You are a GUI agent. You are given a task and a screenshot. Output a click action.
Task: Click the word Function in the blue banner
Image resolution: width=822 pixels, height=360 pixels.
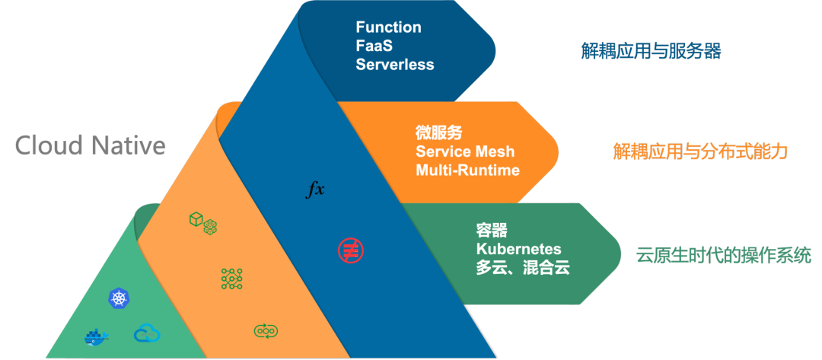pyautogui.click(x=388, y=27)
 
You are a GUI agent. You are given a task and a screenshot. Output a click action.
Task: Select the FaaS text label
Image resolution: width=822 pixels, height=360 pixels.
pyautogui.click(x=374, y=46)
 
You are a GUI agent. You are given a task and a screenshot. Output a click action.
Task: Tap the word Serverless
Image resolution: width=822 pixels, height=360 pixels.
pyautogui.click(x=394, y=65)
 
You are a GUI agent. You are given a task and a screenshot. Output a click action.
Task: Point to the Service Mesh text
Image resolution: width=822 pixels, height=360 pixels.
pyautogui.click(x=465, y=151)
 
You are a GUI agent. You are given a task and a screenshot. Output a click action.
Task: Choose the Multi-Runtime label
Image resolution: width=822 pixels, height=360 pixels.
pyautogui.click(x=467, y=170)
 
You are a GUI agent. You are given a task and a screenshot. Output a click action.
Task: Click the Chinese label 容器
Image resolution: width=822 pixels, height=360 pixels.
pyautogui.click(x=492, y=231)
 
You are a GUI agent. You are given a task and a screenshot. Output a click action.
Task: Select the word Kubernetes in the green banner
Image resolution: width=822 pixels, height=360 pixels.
pyautogui.click(x=518, y=249)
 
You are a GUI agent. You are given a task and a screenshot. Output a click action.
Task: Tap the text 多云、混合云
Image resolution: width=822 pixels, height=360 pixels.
pyautogui.click(x=523, y=268)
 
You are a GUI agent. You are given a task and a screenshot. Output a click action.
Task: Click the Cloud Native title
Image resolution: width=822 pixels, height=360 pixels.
pyautogui.click(x=91, y=145)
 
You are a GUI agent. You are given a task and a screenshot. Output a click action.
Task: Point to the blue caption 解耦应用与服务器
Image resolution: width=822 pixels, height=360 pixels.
pyautogui.click(x=651, y=52)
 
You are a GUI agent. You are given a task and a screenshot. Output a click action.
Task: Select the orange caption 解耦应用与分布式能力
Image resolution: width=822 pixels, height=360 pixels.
pyautogui.click(x=699, y=151)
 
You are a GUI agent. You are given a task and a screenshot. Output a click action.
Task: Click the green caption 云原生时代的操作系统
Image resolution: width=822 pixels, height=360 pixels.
pyautogui.click(x=723, y=255)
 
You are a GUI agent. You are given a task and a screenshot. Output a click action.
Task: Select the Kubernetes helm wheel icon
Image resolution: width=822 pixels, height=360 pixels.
pyautogui.click(x=119, y=298)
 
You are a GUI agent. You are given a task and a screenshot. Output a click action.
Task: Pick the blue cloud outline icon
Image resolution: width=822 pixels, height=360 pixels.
pyautogui.click(x=147, y=333)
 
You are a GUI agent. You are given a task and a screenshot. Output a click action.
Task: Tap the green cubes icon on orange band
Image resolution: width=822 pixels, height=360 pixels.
pyautogui.click(x=203, y=222)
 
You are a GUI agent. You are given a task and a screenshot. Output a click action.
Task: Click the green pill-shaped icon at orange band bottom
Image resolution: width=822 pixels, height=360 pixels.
pyautogui.click(x=266, y=330)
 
